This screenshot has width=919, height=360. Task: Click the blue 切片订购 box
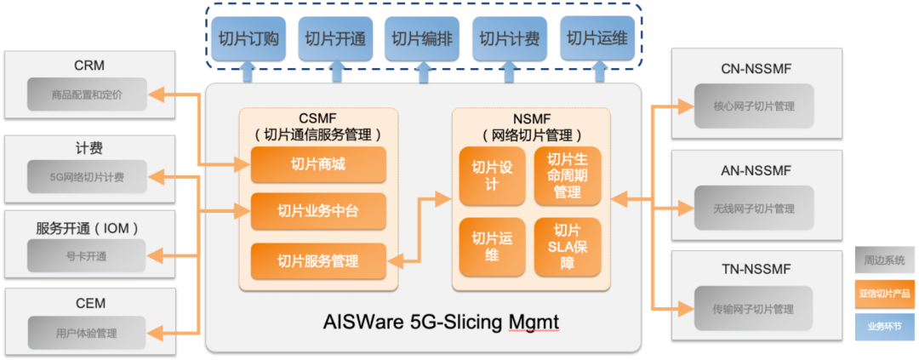point(247,38)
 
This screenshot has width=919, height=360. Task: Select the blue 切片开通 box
point(334,38)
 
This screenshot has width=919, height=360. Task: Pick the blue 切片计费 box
point(509,38)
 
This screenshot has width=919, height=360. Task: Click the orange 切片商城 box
point(318,164)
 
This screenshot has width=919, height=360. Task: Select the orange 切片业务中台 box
point(318,211)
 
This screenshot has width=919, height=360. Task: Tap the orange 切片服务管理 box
point(318,260)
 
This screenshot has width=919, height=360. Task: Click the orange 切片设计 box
point(491,175)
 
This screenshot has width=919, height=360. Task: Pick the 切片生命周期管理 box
point(568,175)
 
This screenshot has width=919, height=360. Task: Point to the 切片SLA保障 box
point(568,247)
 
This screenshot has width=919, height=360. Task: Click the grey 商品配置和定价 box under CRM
point(87,94)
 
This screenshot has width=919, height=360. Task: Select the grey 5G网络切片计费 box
point(87,177)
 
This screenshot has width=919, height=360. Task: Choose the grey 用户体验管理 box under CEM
point(87,333)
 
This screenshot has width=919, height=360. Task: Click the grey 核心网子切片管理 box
point(753,108)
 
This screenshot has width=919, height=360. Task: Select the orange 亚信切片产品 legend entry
point(885,293)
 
